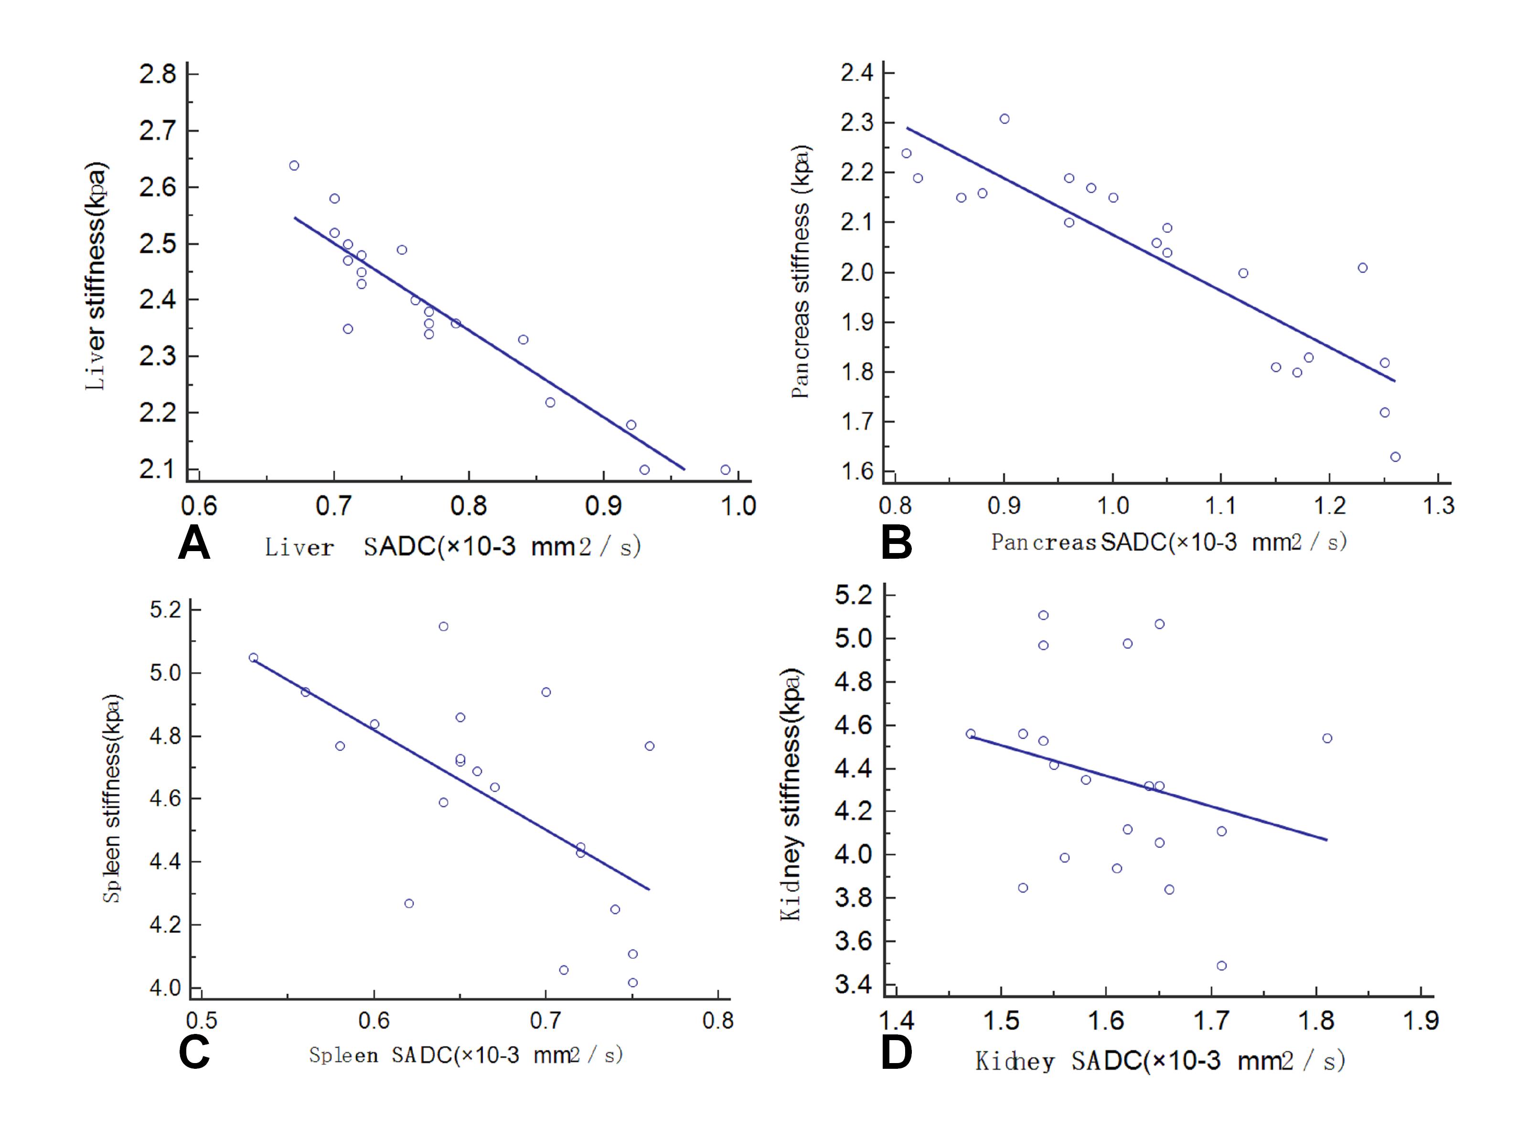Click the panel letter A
point(194,544)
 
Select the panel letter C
point(194,1052)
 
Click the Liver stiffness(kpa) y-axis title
point(96,276)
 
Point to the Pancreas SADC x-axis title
point(1169,543)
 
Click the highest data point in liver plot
point(294,165)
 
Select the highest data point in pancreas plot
point(1004,118)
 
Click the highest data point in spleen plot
point(443,627)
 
